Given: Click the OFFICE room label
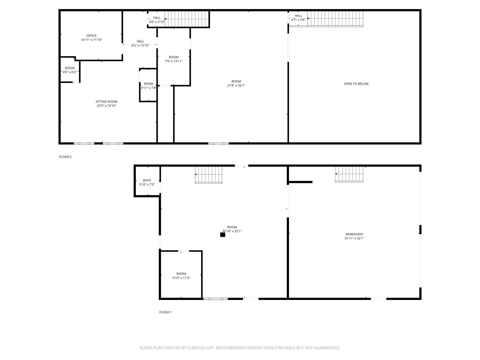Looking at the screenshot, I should click(x=91, y=36).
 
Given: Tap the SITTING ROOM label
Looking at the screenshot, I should click(x=106, y=102).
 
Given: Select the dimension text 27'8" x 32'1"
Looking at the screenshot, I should click(x=236, y=85).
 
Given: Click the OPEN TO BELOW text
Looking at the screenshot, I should click(x=356, y=84).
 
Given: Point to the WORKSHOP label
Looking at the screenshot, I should click(x=354, y=234).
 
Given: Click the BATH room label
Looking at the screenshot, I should click(x=147, y=180).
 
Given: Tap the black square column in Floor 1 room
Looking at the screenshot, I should click(x=223, y=235).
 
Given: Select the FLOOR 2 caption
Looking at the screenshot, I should click(x=65, y=157).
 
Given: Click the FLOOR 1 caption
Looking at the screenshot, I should click(x=165, y=312).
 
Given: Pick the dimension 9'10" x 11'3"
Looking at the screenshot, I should click(x=181, y=278).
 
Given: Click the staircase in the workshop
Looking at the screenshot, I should click(x=349, y=174).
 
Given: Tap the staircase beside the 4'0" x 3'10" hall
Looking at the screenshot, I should click(x=187, y=19).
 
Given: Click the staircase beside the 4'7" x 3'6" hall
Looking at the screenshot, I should click(x=335, y=19).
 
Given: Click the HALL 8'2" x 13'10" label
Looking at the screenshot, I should click(x=140, y=43).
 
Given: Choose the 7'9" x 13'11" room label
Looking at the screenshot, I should click(x=173, y=59).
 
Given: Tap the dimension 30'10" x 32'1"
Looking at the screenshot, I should click(x=232, y=231).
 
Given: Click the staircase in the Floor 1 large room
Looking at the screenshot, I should click(x=208, y=175).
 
